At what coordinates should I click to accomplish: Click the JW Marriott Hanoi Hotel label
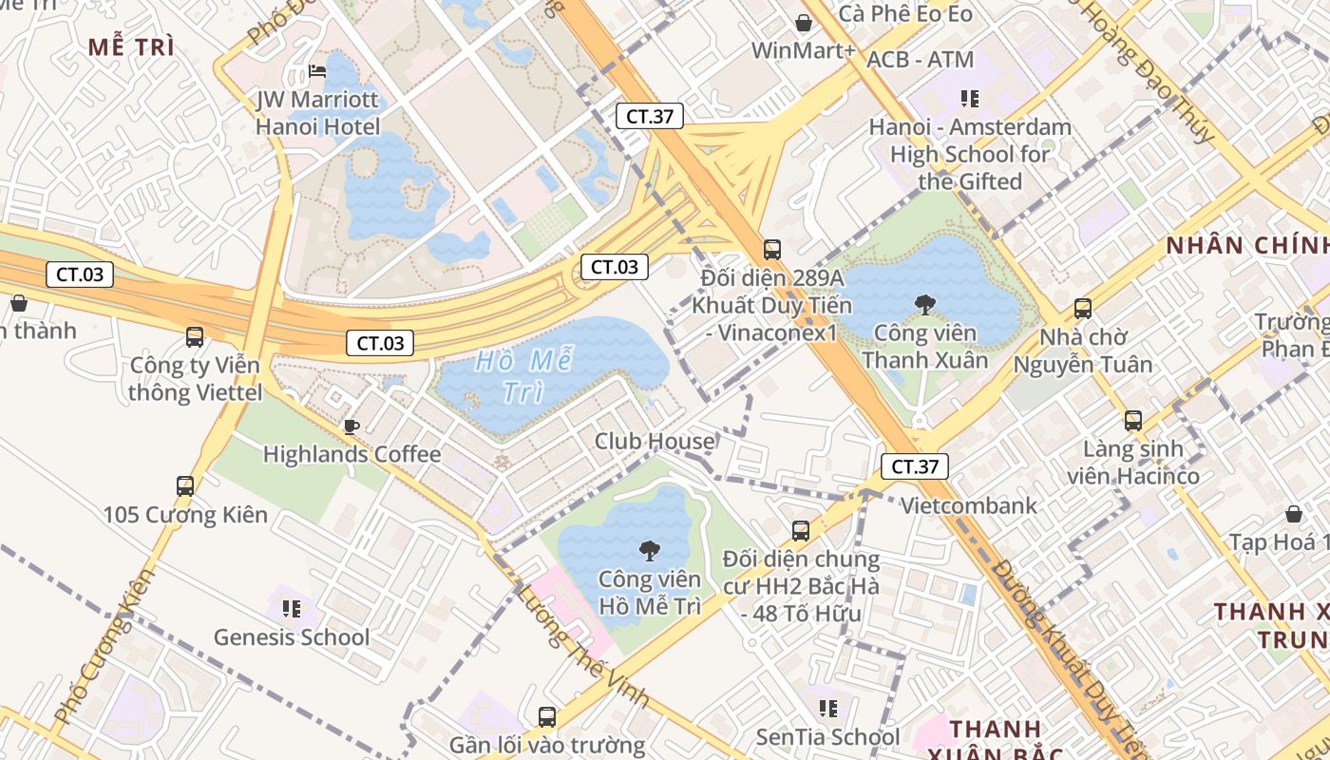click(x=317, y=113)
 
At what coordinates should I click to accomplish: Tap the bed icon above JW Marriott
click(x=317, y=70)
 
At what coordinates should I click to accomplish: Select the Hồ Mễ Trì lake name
click(x=514, y=376)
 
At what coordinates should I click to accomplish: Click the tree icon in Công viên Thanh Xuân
click(x=924, y=304)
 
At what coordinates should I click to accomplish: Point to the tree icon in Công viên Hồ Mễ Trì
click(x=650, y=550)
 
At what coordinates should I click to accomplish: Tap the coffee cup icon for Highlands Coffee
click(x=351, y=426)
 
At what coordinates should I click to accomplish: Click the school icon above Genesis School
click(x=292, y=608)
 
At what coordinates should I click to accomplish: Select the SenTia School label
click(x=827, y=737)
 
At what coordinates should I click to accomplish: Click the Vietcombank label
click(x=969, y=505)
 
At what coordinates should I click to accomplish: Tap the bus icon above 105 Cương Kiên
click(x=185, y=486)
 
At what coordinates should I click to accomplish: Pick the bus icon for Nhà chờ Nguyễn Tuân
click(x=1083, y=309)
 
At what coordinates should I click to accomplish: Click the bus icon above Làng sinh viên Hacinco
click(x=1132, y=421)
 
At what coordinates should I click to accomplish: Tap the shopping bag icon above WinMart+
click(x=804, y=23)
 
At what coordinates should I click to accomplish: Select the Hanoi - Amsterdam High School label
click(x=970, y=154)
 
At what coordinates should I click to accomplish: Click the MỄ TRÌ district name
click(x=131, y=47)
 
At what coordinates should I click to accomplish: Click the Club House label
click(x=655, y=442)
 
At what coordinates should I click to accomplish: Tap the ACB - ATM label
click(x=921, y=60)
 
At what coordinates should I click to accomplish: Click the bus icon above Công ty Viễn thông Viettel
click(x=195, y=337)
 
